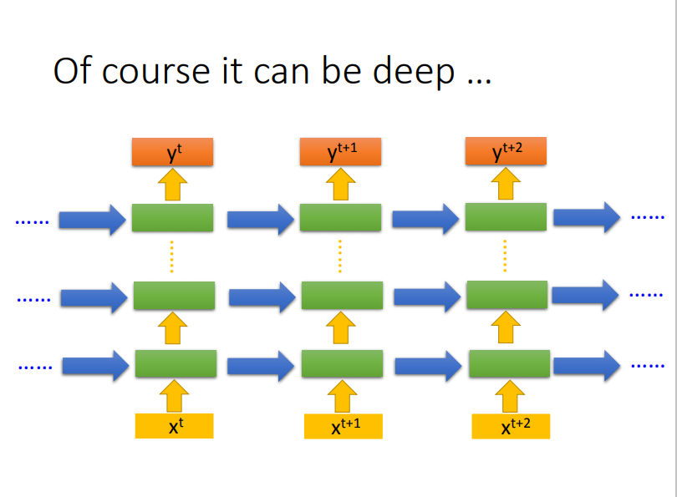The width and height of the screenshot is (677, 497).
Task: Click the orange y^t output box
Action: pos(173,152)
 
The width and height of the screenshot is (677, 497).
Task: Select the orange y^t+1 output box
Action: pos(341,152)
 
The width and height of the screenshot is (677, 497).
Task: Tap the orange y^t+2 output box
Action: pos(506,151)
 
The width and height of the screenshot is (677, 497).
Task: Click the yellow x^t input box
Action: pos(174,426)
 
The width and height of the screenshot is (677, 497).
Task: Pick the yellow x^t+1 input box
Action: pos(344,427)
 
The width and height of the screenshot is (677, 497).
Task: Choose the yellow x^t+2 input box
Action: pos(511,426)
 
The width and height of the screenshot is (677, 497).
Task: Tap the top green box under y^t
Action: pos(173,218)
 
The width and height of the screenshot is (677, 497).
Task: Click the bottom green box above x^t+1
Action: pos(342,365)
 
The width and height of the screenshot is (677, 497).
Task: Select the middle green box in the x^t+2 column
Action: pos(506,295)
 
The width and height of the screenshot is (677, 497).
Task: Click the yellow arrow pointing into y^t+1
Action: pos(341,184)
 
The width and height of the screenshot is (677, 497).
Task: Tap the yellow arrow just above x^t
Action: pos(174,395)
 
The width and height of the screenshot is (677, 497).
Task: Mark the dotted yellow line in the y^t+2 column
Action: pos(505,256)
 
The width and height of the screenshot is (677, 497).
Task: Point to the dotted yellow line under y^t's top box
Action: pos(172,256)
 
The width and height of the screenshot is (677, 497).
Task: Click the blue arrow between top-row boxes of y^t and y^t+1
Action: pos(260,219)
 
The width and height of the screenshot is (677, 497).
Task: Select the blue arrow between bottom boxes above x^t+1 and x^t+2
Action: pos(427,365)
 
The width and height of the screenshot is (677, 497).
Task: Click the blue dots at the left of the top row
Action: pos(33,222)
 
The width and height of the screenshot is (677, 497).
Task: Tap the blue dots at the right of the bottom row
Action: pos(648,366)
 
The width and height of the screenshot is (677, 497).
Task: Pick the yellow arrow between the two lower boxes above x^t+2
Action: pos(506,328)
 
